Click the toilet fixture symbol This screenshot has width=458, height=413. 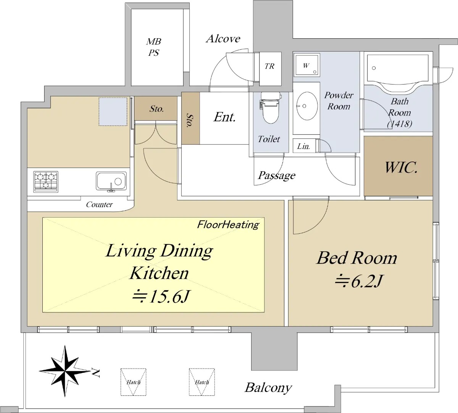point(270,107)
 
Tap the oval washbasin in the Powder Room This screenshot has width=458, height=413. point(306,106)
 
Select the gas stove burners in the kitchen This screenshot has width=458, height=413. point(46,182)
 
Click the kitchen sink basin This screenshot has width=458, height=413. point(111,181)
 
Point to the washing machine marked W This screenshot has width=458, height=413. point(306,65)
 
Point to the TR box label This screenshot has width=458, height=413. point(269,67)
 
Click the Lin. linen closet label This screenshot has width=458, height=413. point(303,146)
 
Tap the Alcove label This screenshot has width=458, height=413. point(223,39)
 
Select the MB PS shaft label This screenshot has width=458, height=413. point(154,47)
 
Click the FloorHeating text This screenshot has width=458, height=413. point(228,225)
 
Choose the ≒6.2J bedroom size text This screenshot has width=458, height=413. point(358,281)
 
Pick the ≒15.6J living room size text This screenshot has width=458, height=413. point(161,297)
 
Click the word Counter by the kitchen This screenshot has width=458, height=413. point(99,204)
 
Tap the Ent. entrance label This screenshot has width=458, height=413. point(224,117)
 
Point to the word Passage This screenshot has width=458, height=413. point(277,176)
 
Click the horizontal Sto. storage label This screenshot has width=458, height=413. point(156,109)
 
